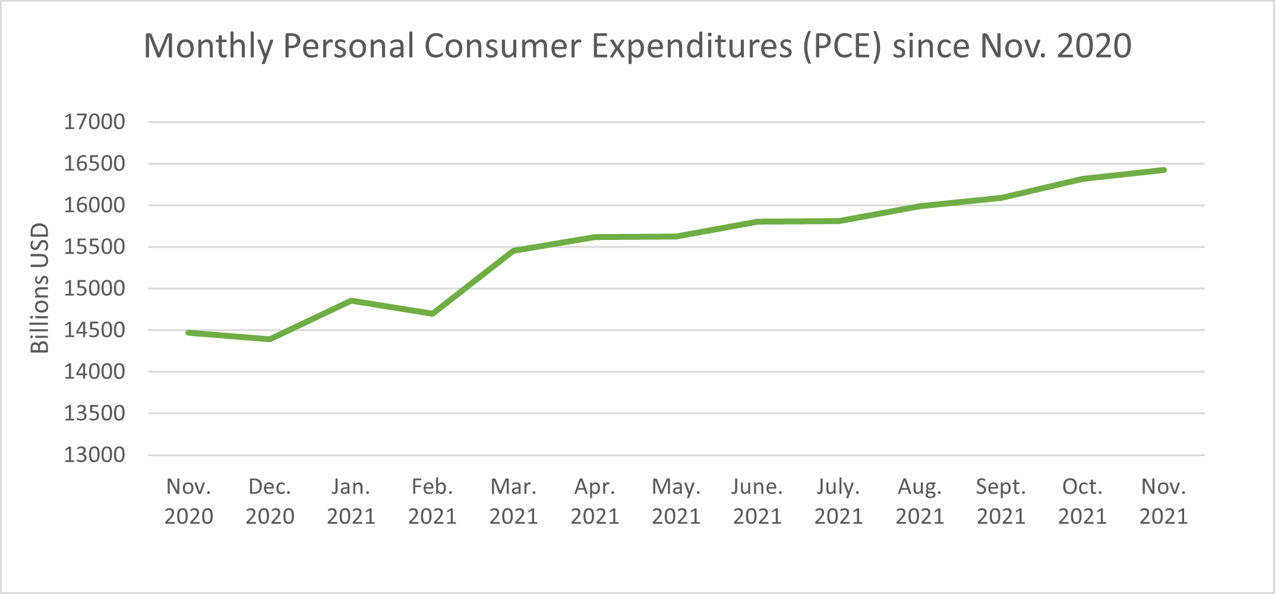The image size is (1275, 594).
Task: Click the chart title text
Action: [x=637, y=46]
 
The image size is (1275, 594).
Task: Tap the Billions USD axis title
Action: [x=39, y=288]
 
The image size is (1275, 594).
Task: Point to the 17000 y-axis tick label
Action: [x=94, y=122]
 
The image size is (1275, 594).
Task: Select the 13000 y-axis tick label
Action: [x=94, y=455]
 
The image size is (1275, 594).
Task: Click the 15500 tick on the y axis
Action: [x=94, y=247]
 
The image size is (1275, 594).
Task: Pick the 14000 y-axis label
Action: [x=94, y=372]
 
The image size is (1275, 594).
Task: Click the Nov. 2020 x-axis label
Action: [x=188, y=501]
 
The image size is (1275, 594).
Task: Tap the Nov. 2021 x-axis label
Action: [x=1163, y=501]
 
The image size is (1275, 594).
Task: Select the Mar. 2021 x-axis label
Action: [x=513, y=501]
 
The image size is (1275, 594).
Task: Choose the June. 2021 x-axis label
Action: [x=757, y=501]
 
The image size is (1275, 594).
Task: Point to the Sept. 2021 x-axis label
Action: [x=1001, y=501]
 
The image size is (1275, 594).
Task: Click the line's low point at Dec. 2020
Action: [x=270, y=339]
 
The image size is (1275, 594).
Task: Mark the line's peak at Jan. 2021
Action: [x=351, y=301]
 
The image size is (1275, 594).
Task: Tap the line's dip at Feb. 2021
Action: [x=433, y=313]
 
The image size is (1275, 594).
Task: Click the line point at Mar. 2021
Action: [x=513, y=251]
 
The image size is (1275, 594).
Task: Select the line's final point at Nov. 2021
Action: [x=1163, y=170]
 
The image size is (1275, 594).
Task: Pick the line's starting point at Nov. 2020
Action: [x=188, y=333]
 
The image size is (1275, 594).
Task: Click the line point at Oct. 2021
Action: [x=1083, y=179]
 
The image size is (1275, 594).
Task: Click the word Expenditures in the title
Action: [x=692, y=46]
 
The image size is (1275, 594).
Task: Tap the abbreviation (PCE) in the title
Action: [x=842, y=46]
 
